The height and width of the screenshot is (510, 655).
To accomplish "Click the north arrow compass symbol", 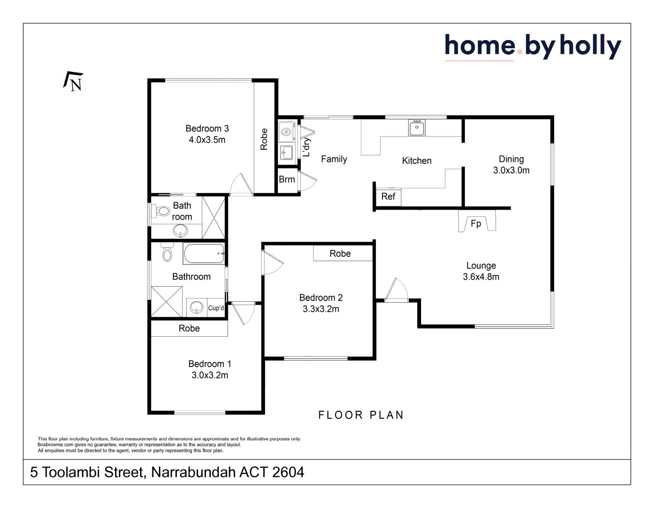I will tap(74, 82).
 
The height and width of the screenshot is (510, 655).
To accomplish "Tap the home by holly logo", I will tap(532, 47).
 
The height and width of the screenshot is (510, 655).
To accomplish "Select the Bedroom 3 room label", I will tap(207, 128).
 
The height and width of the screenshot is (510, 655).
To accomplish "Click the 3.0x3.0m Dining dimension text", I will tap(511, 170).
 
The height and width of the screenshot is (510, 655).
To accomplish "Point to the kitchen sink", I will tap(417, 127).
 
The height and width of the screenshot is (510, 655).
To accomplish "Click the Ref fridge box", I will tap(388, 196).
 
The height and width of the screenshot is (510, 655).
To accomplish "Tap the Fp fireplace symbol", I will tap(476, 223).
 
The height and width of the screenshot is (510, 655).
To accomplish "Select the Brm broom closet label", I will tap(287, 179).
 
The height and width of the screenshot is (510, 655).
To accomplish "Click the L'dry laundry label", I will tap(307, 147).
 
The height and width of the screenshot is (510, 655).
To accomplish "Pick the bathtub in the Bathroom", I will tap(204, 254).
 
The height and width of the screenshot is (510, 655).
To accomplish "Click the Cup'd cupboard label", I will tap(216, 308).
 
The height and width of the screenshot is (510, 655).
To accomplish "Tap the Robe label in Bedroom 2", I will tap(340, 254).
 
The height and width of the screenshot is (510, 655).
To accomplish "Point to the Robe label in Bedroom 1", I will tap(189, 328).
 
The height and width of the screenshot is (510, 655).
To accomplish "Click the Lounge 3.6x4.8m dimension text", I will tap(481, 277).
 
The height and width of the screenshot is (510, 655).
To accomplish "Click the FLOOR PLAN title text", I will tap(361, 415).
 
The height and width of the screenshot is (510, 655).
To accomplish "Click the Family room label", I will tap(334, 159).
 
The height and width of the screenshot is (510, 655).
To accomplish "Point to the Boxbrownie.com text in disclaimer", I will tap(55, 444).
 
